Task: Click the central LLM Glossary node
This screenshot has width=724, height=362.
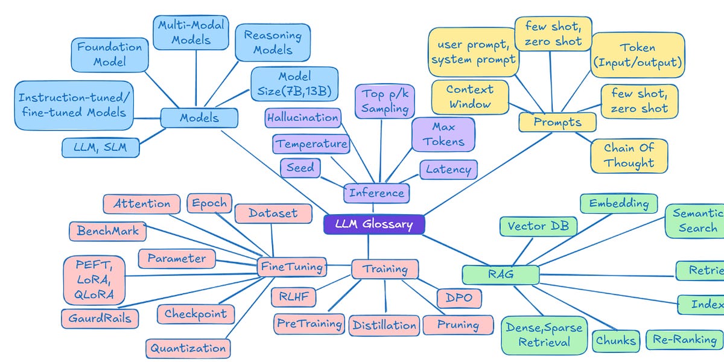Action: (x=374, y=224)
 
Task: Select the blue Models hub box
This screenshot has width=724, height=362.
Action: (x=199, y=118)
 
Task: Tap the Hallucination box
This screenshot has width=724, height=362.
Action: (x=302, y=118)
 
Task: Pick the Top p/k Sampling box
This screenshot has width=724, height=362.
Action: (x=385, y=101)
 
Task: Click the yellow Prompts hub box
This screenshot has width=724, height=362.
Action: (x=557, y=122)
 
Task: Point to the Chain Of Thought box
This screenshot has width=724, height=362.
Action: (x=629, y=155)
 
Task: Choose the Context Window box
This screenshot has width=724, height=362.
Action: (x=469, y=97)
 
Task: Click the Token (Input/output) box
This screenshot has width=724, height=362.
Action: (x=637, y=55)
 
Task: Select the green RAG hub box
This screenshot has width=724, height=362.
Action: (x=500, y=275)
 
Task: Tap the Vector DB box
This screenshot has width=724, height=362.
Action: (x=538, y=226)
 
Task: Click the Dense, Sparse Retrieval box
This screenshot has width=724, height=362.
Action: (x=544, y=335)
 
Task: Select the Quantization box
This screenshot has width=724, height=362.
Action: (x=188, y=348)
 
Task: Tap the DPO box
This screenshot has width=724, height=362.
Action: (x=459, y=297)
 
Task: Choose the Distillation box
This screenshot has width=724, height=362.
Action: (x=384, y=325)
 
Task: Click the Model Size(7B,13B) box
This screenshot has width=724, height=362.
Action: (x=294, y=84)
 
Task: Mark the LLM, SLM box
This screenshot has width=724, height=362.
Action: (x=101, y=147)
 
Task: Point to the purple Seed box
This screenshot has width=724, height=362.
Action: (x=300, y=168)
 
